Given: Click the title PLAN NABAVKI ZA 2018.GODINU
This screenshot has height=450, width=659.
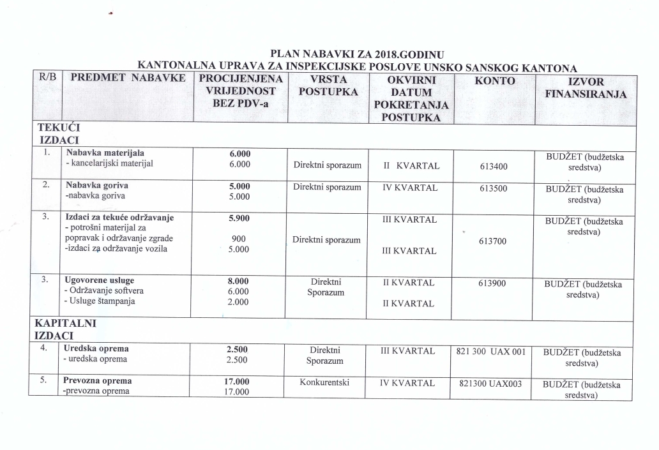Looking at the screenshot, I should click(357, 54).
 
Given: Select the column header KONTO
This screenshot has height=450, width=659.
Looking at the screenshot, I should click(494, 80).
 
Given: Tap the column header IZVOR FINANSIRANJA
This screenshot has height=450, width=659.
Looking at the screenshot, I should click(586, 88).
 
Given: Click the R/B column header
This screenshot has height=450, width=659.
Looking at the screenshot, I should click(47, 78).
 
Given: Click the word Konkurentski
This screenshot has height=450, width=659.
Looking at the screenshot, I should click(327, 383).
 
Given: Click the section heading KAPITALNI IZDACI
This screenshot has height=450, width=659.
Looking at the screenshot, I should click(66, 329).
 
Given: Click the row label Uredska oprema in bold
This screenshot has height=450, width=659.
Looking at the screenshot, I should click(97, 349).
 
